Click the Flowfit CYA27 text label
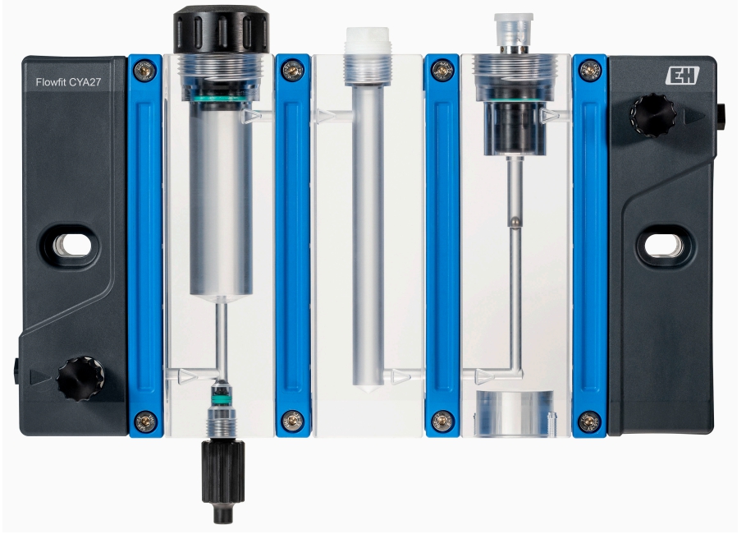pos(68,82)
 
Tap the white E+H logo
pos(682,76)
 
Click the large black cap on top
pos(222,29)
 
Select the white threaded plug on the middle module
pos(368,39)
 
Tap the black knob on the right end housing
pos(653,116)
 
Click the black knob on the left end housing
pos(80,379)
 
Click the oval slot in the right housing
pos(664,246)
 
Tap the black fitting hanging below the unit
pos(222,481)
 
